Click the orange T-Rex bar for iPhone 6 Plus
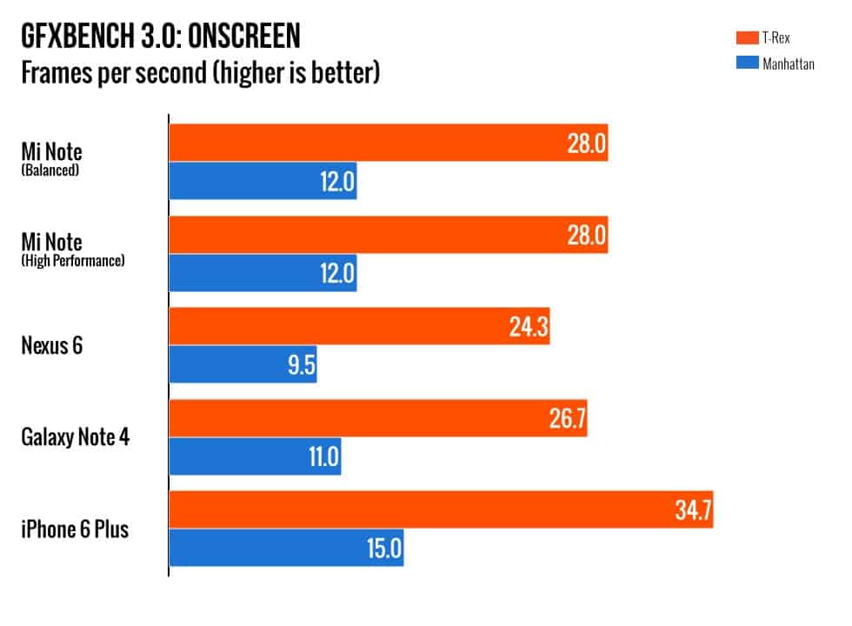click(x=441, y=509)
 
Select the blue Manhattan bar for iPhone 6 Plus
click(x=286, y=549)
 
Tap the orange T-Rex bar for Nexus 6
click(x=359, y=326)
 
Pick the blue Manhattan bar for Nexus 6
click(x=243, y=364)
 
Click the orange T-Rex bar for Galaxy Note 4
click(x=378, y=418)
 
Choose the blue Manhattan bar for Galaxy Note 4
click(x=255, y=456)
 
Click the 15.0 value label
click(x=383, y=549)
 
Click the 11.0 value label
click(x=321, y=457)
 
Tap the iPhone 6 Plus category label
click(x=75, y=529)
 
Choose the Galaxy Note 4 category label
click(x=76, y=436)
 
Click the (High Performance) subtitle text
click(x=73, y=260)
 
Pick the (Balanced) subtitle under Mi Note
click(x=50, y=170)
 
